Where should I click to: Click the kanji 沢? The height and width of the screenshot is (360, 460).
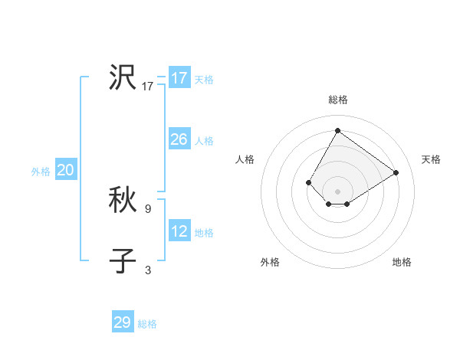click(x=123, y=77)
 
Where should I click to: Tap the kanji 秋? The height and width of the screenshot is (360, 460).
click(x=123, y=200)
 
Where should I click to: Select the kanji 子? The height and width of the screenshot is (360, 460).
click(x=123, y=261)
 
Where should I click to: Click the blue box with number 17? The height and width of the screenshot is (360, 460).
click(x=179, y=78)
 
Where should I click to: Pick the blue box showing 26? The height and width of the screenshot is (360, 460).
click(x=179, y=139)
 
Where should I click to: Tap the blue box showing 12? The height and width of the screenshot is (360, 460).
click(x=179, y=231)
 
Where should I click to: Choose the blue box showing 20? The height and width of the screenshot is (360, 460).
click(x=66, y=170)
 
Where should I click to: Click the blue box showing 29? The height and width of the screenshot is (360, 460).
click(x=123, y=322)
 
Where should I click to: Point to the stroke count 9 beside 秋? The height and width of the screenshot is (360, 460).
click(x=148, y=208)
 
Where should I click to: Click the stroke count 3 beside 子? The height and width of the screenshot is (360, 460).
click(x=148, y=270)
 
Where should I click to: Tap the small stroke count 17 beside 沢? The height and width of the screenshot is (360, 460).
click(x=148, y=86)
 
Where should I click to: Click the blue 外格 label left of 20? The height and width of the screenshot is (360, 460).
click(x=41, y=172)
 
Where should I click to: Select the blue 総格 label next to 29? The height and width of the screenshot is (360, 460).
click(x=147, y=324)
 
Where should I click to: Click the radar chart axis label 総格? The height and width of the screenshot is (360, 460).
click(x=337, y=100)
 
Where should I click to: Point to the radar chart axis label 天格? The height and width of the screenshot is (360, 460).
click(x=431, y=159)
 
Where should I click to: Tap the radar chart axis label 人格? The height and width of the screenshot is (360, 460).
click(x=245, y=159)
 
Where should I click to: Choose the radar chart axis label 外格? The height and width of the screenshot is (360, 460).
click(x=270, y=262)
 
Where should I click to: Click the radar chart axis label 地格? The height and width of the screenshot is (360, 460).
click(x=402, y=262)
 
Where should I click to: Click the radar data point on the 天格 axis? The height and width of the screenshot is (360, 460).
click(x=396, y=172)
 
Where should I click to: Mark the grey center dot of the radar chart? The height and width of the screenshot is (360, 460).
click(x=337, y=191)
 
